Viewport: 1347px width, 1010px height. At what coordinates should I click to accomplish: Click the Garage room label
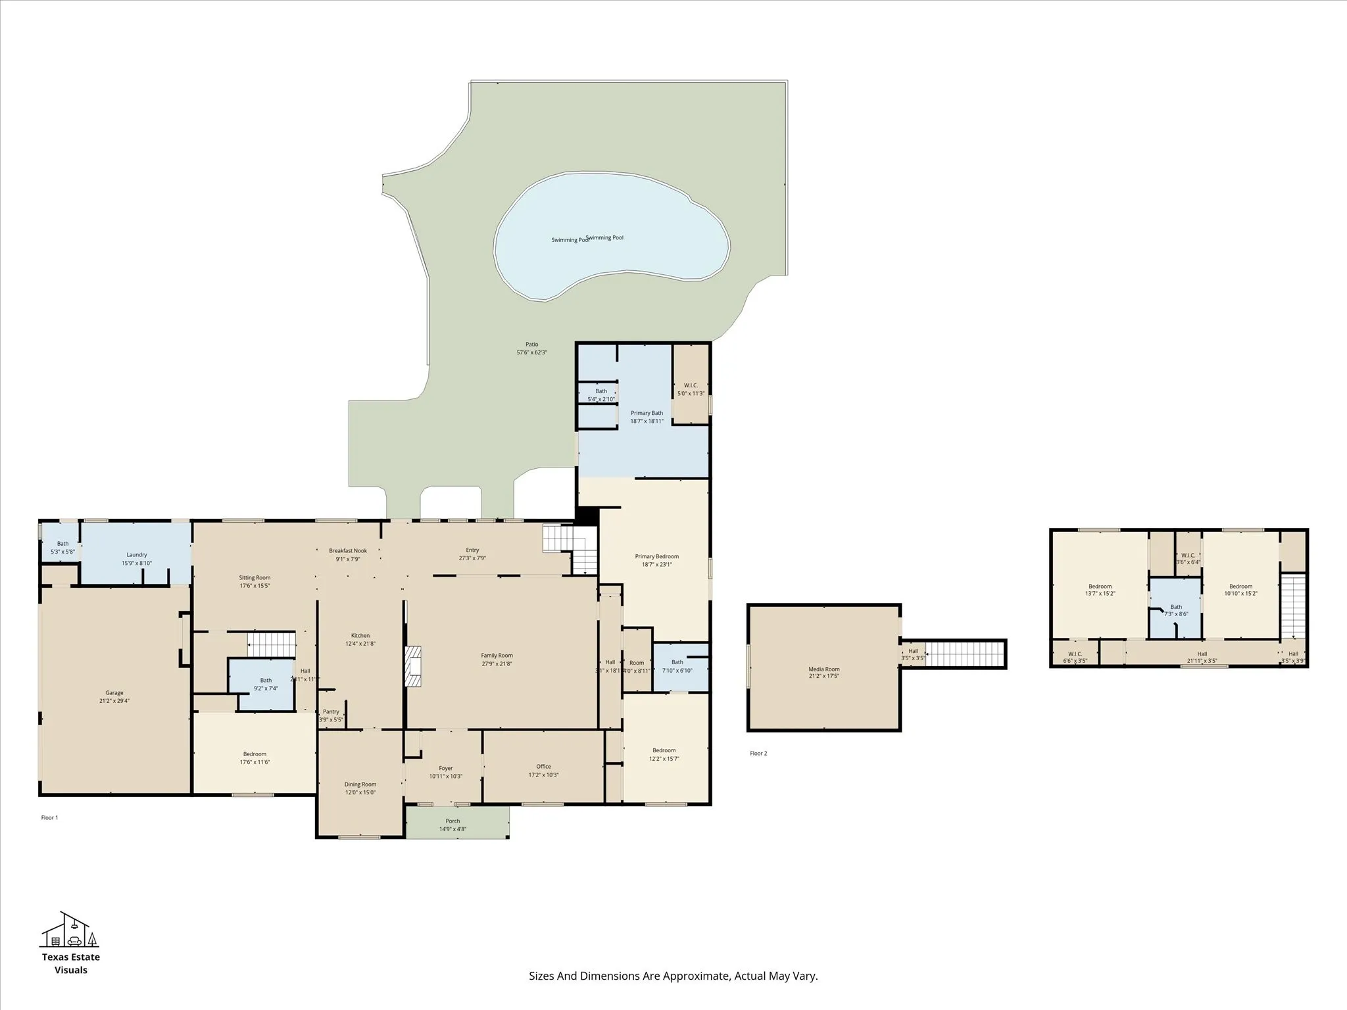click(114, 692)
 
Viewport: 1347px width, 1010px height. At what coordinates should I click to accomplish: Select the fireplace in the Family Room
click(412, 667)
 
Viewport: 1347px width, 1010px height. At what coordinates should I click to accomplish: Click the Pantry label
click(331, 711)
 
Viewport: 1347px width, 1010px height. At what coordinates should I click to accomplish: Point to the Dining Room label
click(360, 784)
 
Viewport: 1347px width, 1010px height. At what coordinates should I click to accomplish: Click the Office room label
click(543, 766)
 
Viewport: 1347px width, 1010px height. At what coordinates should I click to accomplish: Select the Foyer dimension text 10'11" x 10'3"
click(446, 777)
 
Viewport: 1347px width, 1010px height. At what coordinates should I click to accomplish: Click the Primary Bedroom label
click(657, 556)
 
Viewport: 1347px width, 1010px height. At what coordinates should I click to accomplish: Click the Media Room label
click(824, 669)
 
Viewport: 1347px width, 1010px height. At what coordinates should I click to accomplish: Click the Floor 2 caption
click(758, 754)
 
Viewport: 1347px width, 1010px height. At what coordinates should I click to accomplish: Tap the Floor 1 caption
click(49, 818)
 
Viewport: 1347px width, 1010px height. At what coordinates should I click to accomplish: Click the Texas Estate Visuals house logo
click(70, 930)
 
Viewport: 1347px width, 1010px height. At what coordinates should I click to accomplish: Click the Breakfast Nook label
click(348, 551)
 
